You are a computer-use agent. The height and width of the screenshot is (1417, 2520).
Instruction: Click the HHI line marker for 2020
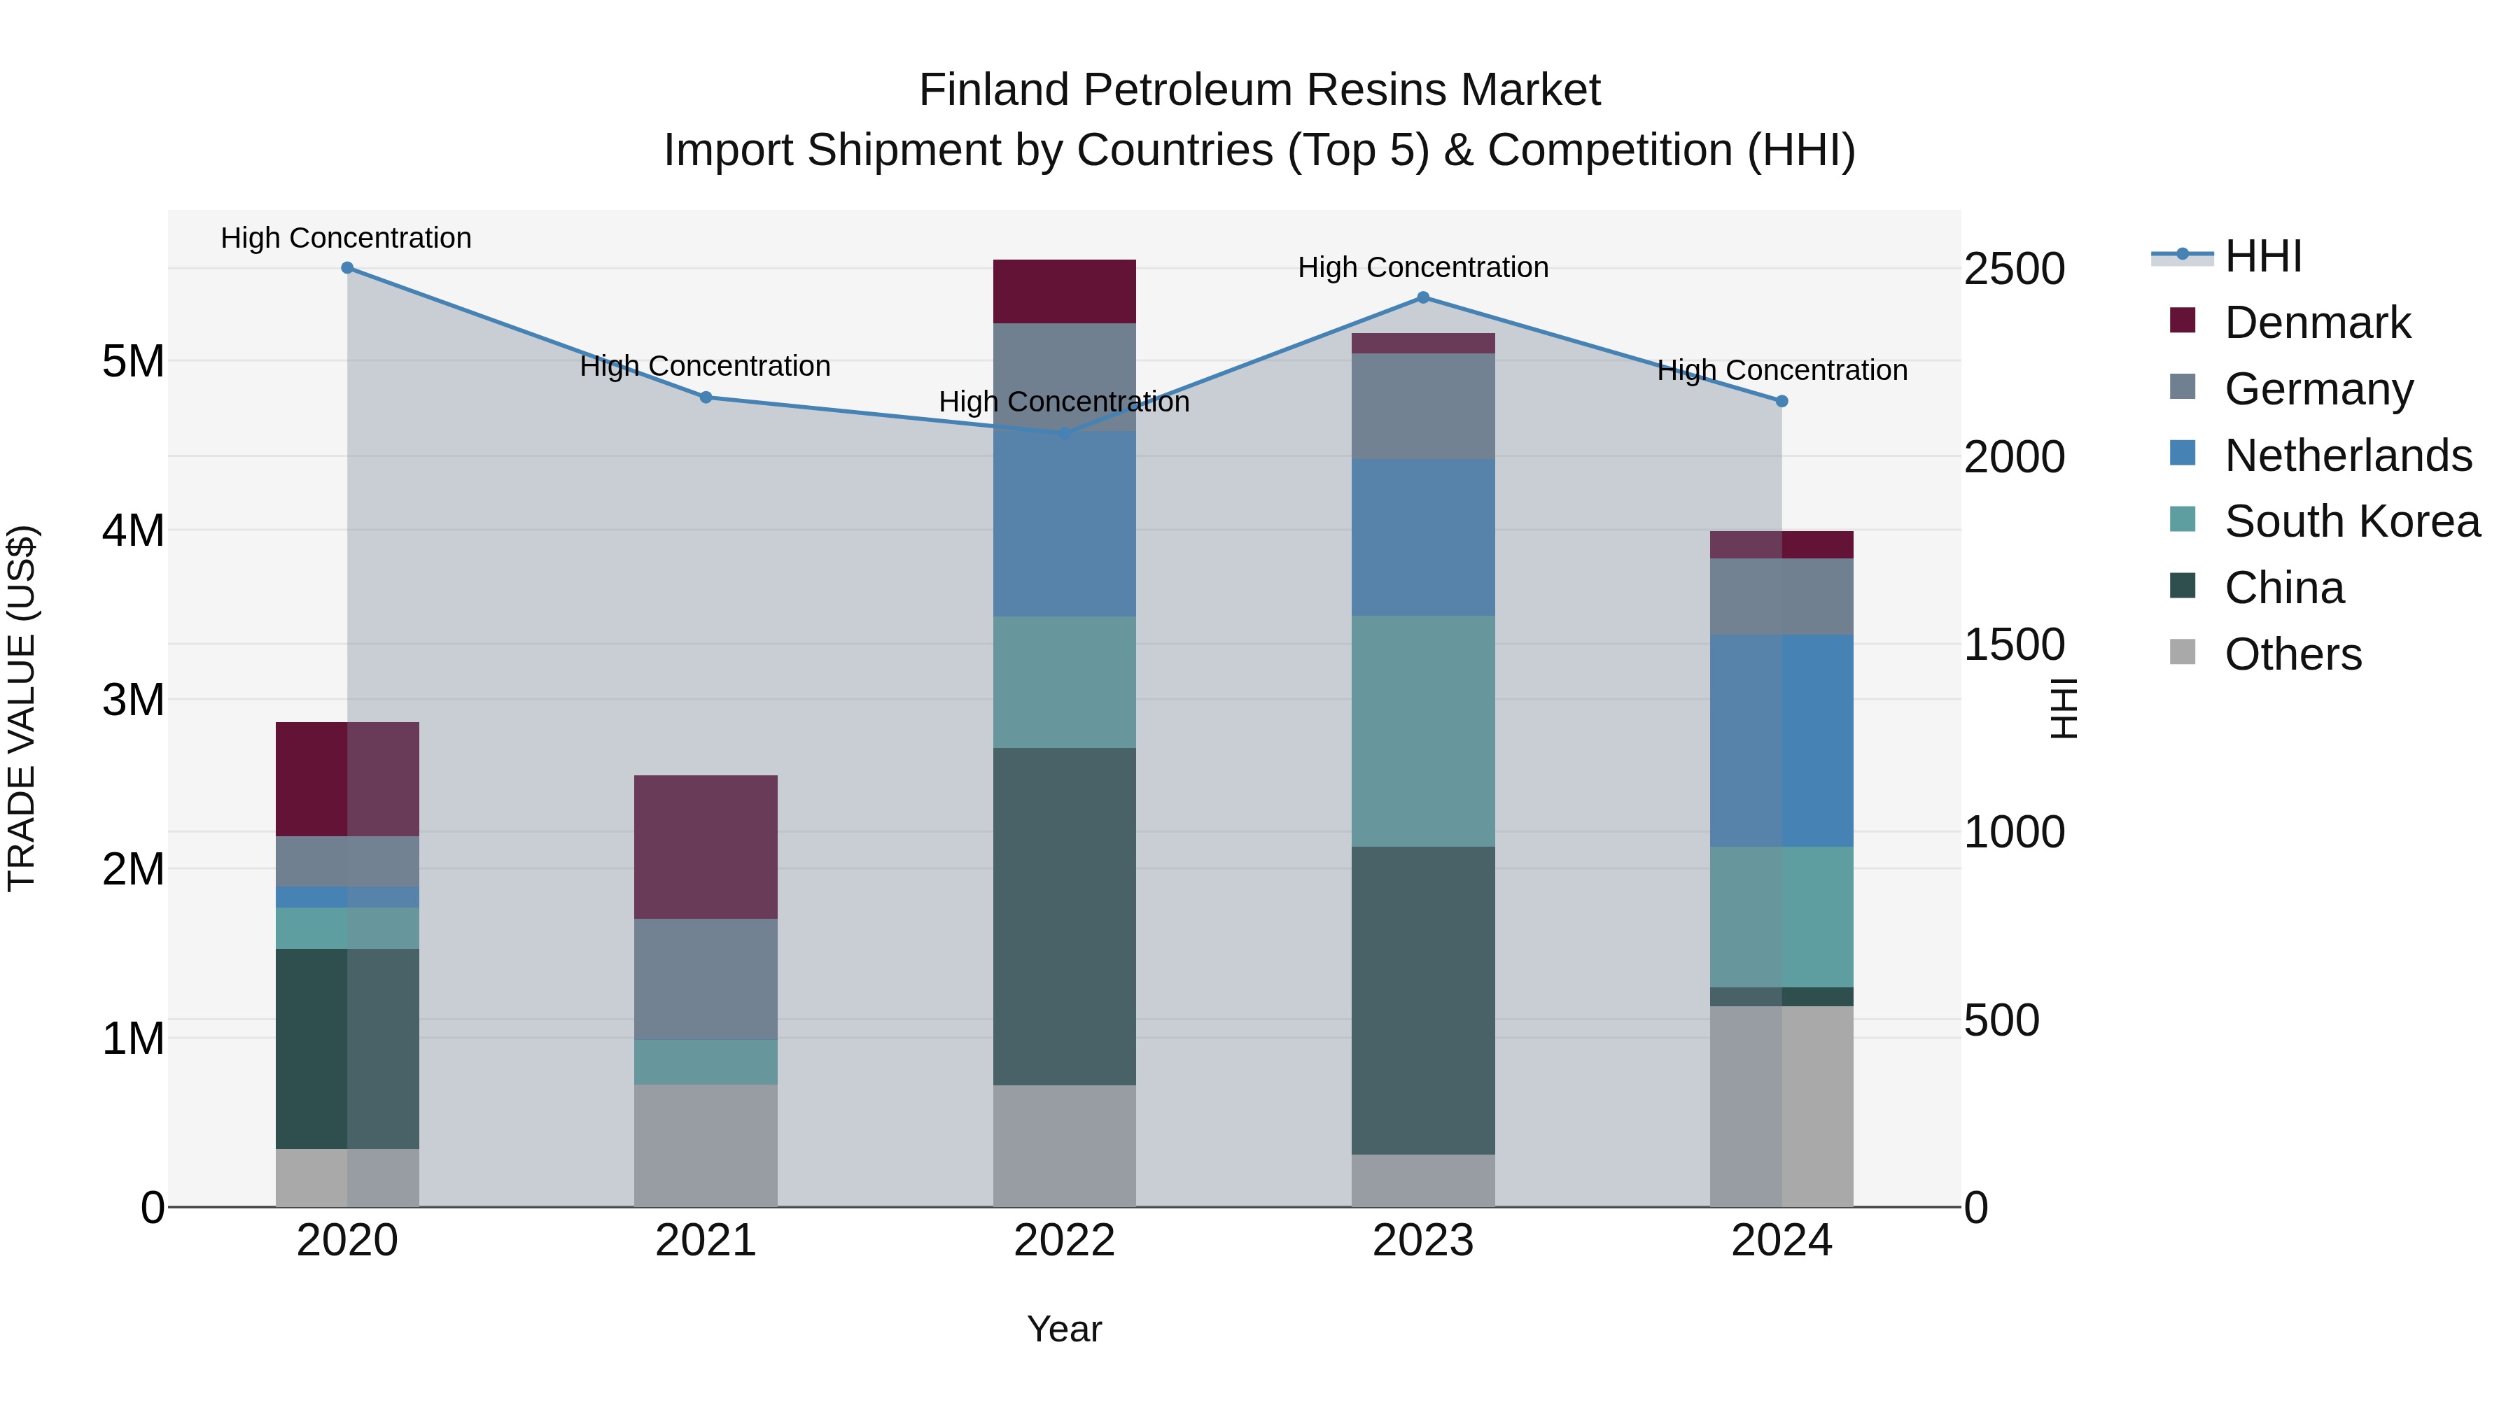347,268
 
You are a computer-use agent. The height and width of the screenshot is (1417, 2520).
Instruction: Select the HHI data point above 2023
1423,297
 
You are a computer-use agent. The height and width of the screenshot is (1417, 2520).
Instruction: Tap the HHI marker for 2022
1064,433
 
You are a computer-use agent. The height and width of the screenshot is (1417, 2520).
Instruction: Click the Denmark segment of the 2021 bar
706,847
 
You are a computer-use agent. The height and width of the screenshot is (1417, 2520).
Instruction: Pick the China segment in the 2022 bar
1064,916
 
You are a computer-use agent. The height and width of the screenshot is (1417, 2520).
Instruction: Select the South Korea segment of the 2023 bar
1423,731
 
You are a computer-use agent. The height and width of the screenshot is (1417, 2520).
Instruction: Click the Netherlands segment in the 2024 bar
1781,740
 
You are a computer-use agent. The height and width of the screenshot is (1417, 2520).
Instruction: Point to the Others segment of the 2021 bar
706,1145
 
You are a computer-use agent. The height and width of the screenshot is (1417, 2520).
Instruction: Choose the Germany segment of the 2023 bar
1423,406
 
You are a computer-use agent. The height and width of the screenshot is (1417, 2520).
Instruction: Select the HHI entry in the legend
2262,256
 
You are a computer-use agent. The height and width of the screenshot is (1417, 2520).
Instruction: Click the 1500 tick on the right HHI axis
2014,644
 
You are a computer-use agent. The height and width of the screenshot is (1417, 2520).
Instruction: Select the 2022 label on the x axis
1064,1241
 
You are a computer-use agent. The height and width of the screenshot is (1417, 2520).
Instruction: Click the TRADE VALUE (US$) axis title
22,708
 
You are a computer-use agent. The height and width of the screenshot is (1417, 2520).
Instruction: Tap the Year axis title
1064,1329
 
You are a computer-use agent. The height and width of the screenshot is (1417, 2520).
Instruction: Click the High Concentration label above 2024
1781,371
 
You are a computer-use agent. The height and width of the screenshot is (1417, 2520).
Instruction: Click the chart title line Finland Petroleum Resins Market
1259,90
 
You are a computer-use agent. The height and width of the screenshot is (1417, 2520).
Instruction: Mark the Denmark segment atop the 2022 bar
1064,291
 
